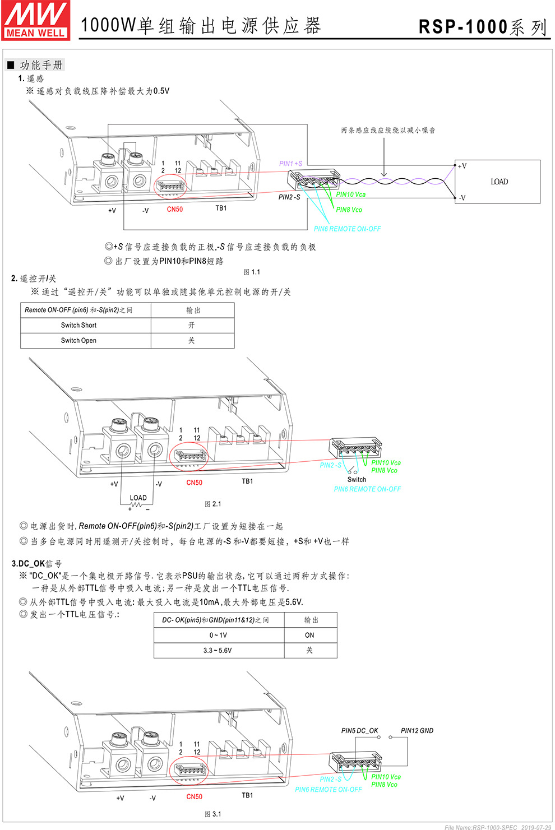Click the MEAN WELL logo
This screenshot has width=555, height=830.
tap(35, 20)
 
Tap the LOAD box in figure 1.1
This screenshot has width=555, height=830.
tap(498, 182)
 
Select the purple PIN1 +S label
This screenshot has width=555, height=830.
tap(290, 164)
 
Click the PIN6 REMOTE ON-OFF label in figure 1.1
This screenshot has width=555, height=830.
tap(347, 229)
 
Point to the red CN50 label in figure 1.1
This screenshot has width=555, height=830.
tap(174, 209)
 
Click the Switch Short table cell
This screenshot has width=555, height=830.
tap(79, 325)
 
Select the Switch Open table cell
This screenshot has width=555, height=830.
tap(79, 340)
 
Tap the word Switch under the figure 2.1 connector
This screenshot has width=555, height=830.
tap(357, 479)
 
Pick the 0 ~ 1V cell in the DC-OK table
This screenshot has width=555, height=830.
tap(218, 635)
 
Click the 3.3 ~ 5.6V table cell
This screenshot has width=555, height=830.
tap(218, 650)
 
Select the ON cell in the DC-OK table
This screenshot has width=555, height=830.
tap(309, 635)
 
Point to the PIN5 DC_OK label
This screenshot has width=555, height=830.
tap(359, 731)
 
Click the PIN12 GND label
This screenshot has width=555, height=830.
tap(417, 731)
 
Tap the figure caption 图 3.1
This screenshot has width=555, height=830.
tap(212, 814)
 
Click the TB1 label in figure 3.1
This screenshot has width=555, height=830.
tap(247, 795)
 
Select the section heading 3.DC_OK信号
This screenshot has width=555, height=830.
tap(37, 563)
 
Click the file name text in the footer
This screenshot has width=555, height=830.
tap(481, 827)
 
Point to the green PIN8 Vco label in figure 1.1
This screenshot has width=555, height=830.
tap(349, 210)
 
